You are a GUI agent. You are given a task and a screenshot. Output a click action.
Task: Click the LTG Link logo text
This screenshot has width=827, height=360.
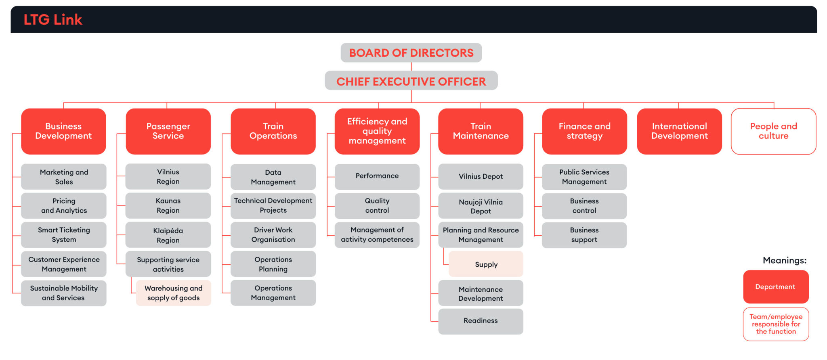pyautogui.click(x=53, y=19)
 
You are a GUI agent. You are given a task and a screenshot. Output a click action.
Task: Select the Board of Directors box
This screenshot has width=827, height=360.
pyautogui.click(x=411, y=53)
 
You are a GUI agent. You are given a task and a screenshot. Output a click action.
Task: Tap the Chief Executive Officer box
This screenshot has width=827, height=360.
pyautogui.click(x=411, y=81)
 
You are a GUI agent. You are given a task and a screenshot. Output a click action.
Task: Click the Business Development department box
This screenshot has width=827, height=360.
pyautogui.click(x=63, y=131)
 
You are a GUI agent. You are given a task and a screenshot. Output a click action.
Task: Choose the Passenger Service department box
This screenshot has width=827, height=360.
pyautogui.click(x=168, y=131)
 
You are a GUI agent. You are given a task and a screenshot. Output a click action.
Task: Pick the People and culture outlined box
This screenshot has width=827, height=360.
pyautogui.click(x=773, y=131)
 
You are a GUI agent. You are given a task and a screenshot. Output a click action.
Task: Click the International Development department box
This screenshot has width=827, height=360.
pyautogui.click(x=679, y=131)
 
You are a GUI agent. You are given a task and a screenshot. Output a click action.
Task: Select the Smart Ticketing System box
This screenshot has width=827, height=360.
pyautogui.click(x=64, y=235)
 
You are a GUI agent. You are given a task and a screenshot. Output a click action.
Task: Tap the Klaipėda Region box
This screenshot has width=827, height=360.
pyautogui.click(x=168, y=235)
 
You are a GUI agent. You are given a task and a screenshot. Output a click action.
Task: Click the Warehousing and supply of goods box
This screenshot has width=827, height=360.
pyautogui.click(x=174, y=293)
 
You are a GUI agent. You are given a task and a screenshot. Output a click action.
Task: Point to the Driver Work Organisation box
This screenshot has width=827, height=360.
pyautogui.click(x=273, y=235)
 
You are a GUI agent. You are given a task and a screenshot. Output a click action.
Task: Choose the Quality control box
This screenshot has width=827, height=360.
pyautogui.click(x=377, y=206)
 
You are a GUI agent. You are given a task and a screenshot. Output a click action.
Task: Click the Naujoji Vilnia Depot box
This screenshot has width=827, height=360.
pyautogui.click(x=481, y=206)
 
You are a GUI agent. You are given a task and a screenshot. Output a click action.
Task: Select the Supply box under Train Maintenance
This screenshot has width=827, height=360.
pyautogui.click(x=486, y=264)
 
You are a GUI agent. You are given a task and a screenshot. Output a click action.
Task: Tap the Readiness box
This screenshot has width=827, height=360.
pyautogui.click(x=481, y=321)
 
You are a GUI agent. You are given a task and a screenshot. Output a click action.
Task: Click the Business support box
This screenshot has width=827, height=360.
pyautogui.click(x=584, y=235)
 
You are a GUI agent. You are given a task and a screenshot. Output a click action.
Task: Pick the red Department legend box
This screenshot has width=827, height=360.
pyautogui.click(x=775, y=287)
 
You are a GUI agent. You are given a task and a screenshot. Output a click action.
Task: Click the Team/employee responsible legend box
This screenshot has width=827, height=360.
pyautogui.click(x=776, y=324)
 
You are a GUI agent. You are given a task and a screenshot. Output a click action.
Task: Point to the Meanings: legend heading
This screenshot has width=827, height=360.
pyautogui.click(x=784, y=260)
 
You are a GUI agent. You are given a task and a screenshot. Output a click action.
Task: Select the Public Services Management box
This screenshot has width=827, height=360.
pyautogui.click(x=584, y=177)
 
